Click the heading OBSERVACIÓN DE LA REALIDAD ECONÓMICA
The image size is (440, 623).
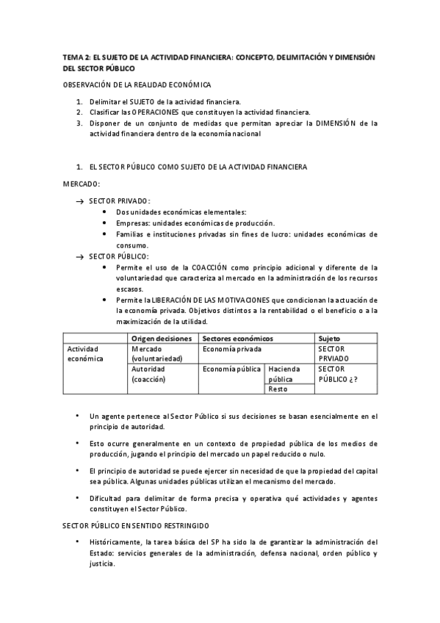136,85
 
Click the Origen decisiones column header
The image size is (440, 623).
162,338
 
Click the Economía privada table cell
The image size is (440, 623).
232,349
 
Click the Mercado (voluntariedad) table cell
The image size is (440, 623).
156,353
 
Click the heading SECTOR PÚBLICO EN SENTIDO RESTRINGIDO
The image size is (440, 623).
136,526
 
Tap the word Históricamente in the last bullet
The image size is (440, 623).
120,542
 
